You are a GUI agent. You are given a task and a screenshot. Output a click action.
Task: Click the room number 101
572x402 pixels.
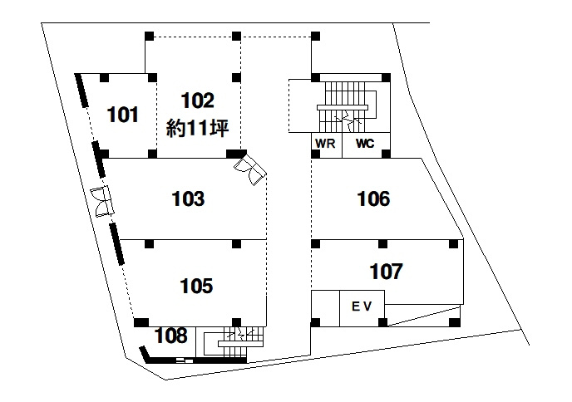[x=123, y=115]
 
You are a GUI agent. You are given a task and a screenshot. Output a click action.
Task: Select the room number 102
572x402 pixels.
[x=197, y=100]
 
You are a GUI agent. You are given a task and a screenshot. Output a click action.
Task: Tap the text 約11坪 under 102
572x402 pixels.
[x=197, y=128]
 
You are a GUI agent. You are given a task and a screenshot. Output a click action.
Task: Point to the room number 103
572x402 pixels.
[x=188, y=199]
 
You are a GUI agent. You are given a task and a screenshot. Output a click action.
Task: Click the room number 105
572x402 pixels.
[x=196, y=286]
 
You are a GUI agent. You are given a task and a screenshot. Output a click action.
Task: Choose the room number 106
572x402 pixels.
[x=373, y=199]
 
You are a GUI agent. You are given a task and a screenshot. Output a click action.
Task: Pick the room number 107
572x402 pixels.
[x=386, y=272]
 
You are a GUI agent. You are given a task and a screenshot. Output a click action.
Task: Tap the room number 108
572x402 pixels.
[x=170, y=336]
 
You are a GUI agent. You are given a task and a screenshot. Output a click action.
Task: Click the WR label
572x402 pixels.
[x=325, y=144]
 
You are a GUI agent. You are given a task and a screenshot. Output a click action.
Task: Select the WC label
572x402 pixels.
[x=365, y=144]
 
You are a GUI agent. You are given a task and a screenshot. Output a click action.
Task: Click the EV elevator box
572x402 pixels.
[x=362, y=308]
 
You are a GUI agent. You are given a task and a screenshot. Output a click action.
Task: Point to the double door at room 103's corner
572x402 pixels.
[x=250, y=169]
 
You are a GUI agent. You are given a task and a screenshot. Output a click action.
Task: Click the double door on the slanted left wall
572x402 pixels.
[x=102, y=202]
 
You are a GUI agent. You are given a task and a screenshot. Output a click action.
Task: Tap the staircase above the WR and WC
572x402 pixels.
[x=347, y=107]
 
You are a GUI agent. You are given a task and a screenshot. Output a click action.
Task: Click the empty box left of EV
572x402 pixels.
[x=325, y=308]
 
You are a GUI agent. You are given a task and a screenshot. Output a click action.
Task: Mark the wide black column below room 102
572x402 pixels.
[x=236, y=154]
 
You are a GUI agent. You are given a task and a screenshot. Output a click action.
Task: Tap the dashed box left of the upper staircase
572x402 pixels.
[x=300, y=106]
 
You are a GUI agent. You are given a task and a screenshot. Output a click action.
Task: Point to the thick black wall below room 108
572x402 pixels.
[x=196, y=360]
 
